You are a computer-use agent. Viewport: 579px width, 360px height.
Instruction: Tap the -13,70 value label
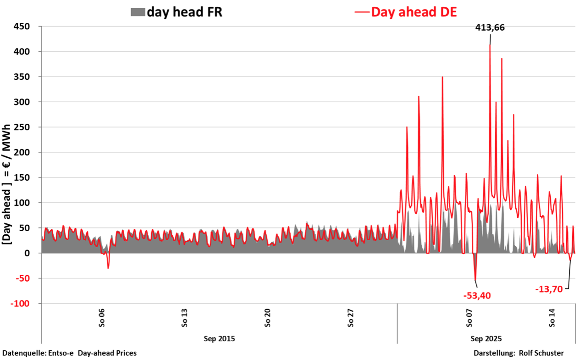pos(549,289)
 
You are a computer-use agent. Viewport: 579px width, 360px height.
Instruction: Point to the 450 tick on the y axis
pos(21,27)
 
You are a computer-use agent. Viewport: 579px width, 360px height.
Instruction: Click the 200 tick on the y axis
pos(21,152)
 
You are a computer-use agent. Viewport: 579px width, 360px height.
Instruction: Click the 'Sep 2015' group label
pos(219,339)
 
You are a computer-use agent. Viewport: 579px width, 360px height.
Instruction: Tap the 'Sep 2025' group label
pos(486,339)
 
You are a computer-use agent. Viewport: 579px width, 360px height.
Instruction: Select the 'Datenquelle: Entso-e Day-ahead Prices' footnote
pos(70,353)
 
